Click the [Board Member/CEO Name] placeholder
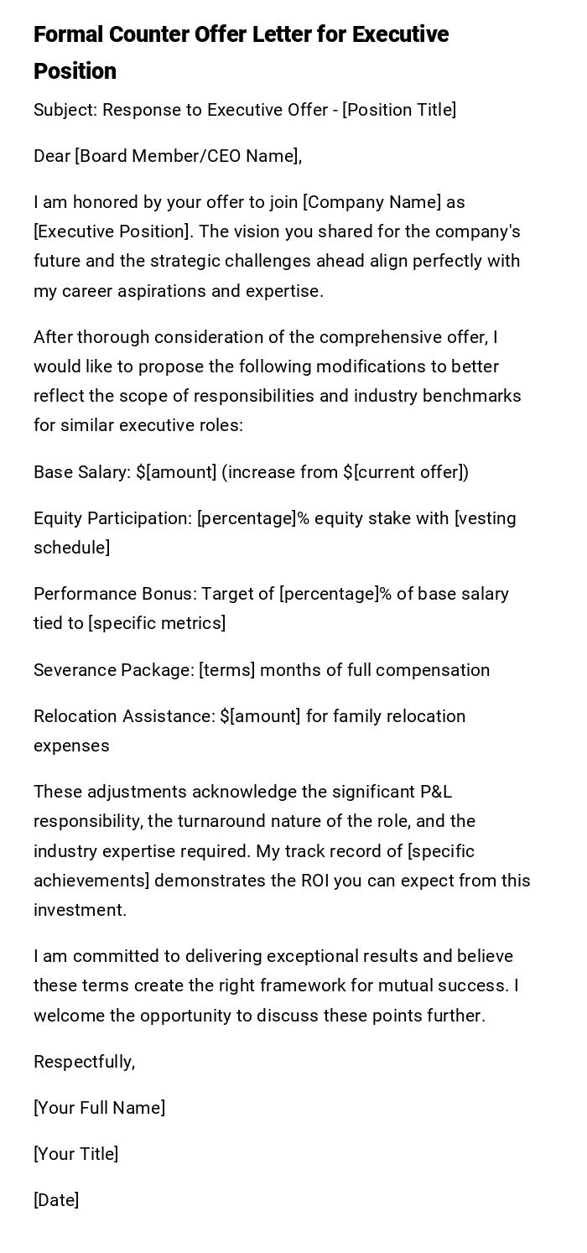coord(186,156)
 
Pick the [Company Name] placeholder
coord(371,202)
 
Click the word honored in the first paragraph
coord(104,202)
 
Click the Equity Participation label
coord(112,518)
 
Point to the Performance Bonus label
coord(114,594)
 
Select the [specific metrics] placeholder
coord(157,623)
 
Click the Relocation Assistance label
coord(122,716)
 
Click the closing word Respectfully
coord(83,1062)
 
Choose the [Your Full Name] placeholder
coord(99,1108)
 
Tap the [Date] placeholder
coord(56,1200)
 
